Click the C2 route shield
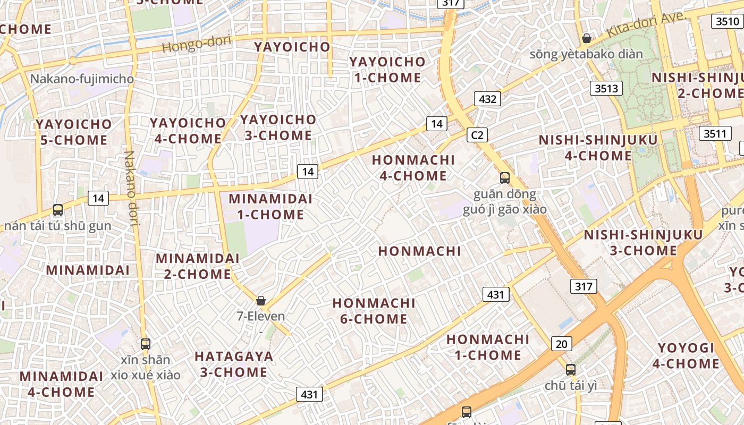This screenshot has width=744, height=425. (x=477, y=135)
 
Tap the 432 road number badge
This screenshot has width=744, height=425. (x=487, y=99)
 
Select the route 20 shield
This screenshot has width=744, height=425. (x=562, y=344)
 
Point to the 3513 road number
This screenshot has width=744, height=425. (x=606, y=88)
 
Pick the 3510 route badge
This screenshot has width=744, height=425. (x=726, y=21)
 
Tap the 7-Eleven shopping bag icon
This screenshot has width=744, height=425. (x=261, y=301)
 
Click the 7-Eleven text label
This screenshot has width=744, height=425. (x=261, y=316)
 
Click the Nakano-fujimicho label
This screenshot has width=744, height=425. (x=82, y=79)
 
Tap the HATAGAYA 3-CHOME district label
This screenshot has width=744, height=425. (x=234, y=364)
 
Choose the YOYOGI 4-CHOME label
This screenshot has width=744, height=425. (x=686, y=356)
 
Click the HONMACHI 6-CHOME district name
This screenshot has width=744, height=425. (x=374, y=311)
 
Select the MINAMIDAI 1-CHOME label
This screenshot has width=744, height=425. (x=270, y=207)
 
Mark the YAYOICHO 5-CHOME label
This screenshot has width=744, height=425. (x=74, y=132)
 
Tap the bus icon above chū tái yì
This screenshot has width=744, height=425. (x=570, y=369)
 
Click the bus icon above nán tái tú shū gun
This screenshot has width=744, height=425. (x=58, y=210)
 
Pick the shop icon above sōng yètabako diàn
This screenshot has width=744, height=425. (x=587, y=38)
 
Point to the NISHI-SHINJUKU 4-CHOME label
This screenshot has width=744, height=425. (x=598, y=148)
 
